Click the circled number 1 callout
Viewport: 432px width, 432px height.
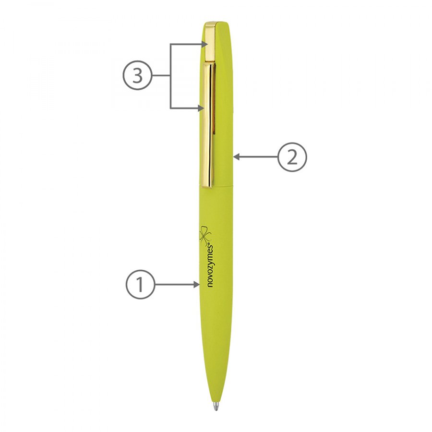click(x=141, y=285)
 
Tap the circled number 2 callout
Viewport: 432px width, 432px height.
click(x=292, y=157)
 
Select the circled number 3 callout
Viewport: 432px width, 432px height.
click(x=137, y=75)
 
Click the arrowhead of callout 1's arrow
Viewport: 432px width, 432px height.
click(x=197, y=285)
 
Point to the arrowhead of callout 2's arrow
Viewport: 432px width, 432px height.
click(x=236, y=157)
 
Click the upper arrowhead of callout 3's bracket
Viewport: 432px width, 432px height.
click(x=204, y=44)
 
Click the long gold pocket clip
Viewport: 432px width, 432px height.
click(x=209, y=125)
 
